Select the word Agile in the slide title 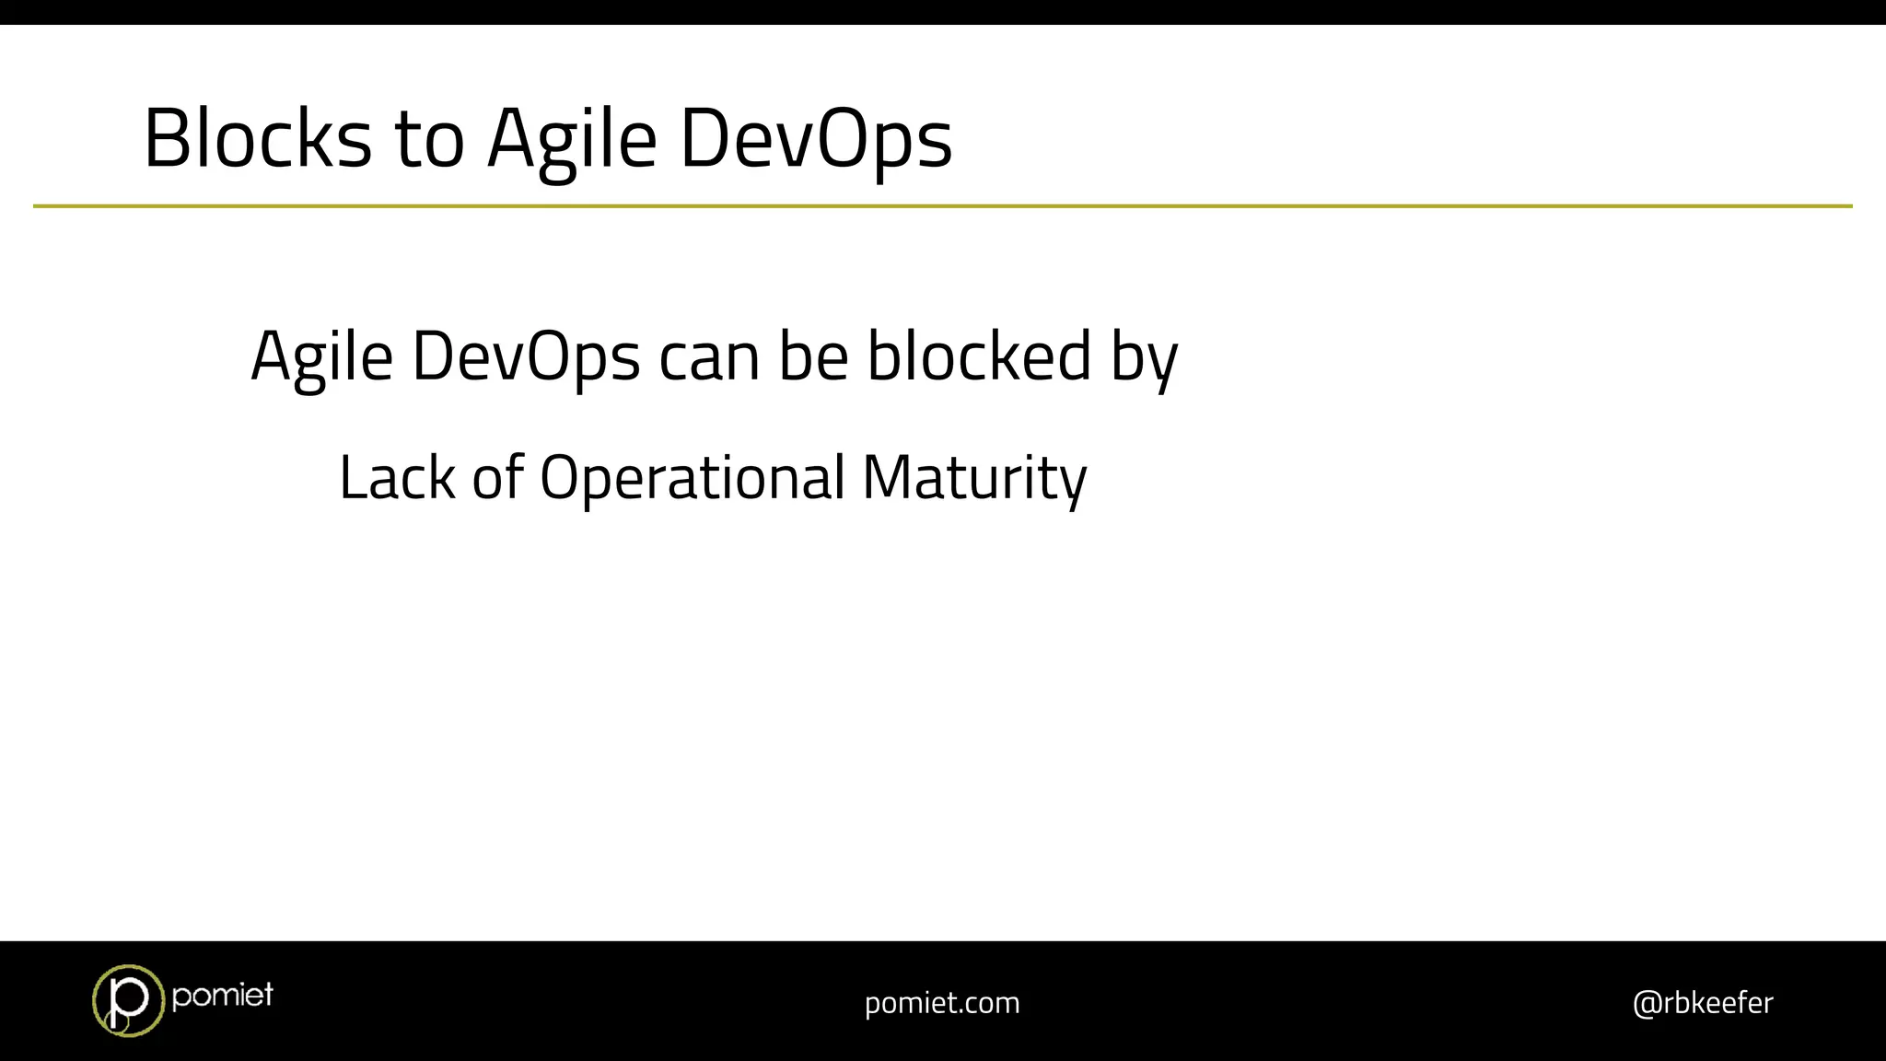click(572, 140)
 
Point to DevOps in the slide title click(816, 140)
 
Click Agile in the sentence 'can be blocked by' click(321, 357)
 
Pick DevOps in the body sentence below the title click(525, 357)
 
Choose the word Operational click(692, 478)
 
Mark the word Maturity click(974, 478)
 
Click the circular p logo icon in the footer click(128, 1000)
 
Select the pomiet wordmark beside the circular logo click(222, 995)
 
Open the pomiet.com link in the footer click(942, 1002)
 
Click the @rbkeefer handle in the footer click(1703, 1002)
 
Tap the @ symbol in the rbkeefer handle click(1646, 1003)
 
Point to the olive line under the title click(943, 206)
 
